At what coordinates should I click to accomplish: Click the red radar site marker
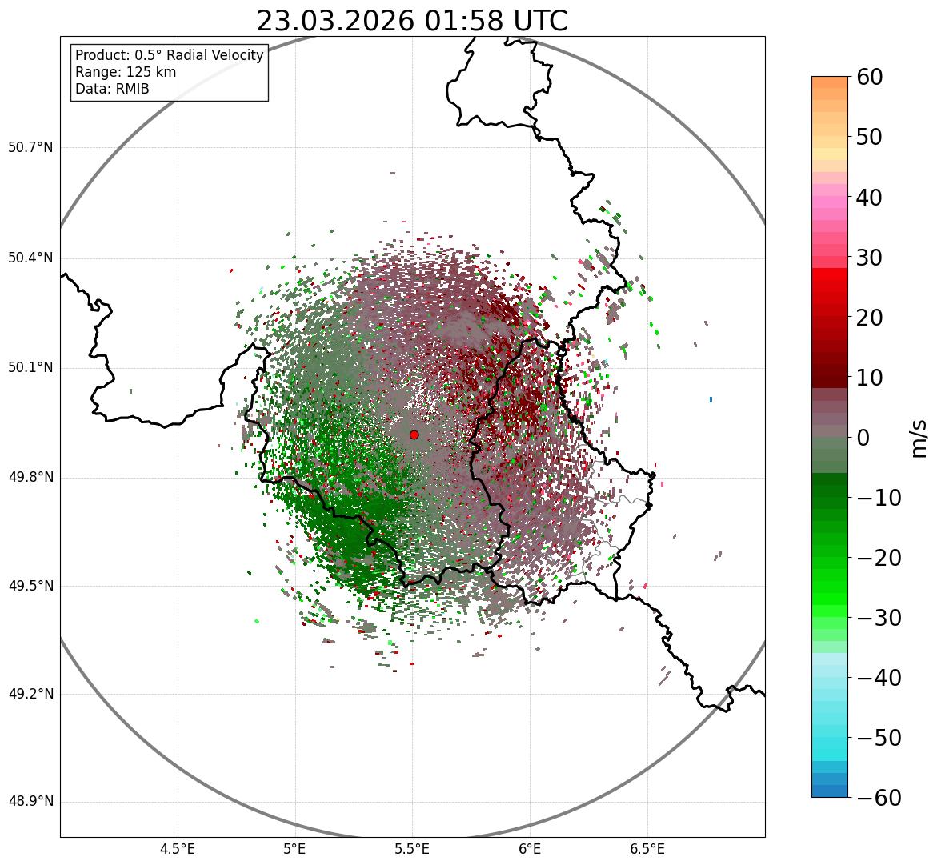click(414, 435)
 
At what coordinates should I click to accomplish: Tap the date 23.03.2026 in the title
click(335, 21)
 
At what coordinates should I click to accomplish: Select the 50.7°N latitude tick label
click(30, 148)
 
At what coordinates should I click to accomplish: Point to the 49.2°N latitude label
click(30, 694)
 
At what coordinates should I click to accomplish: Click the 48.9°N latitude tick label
click(30, 802)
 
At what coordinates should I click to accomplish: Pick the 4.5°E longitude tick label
click(178, 849)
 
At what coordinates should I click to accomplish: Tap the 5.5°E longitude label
click(412, 849)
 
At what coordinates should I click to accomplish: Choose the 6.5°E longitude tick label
click(647, 849)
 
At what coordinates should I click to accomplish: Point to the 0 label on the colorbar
click(863, 438)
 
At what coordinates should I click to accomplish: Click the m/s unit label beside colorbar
click(919, 438)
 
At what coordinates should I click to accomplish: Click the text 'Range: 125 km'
click(126, 72)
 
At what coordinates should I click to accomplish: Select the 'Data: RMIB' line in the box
click(112, 89)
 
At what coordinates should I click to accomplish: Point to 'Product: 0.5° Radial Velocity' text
click(169, 55)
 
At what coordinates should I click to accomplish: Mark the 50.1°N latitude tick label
click(30, 368)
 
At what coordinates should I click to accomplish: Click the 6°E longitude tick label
click(530, 849)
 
